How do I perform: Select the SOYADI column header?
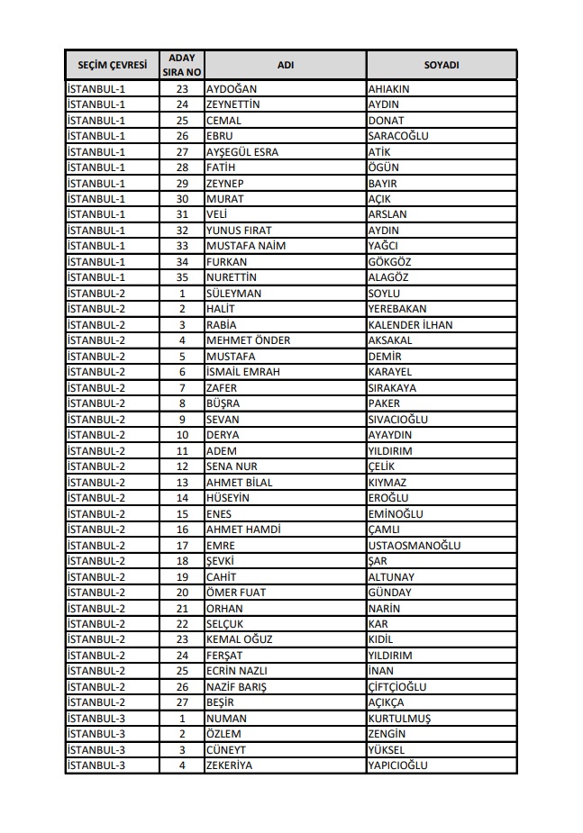(x=442, y=66)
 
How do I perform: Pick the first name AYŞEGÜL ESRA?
(x=241, y=152)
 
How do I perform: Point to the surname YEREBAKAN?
(x=397, y=309)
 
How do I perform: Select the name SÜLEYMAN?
(x=233, y=294)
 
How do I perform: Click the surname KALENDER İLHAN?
(x=410, y=325)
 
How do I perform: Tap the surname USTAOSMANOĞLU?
(x=414, y=546)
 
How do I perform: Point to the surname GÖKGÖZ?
(x=390, y=262)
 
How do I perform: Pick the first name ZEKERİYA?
(x=229, y=765)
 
